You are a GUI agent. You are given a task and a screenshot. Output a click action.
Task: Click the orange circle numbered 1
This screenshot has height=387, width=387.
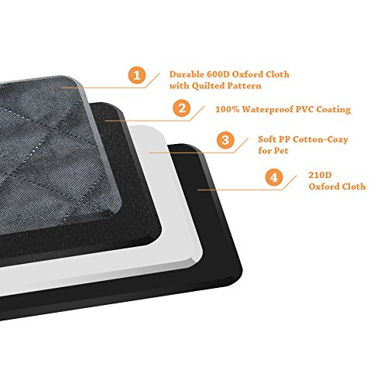pos(137,75)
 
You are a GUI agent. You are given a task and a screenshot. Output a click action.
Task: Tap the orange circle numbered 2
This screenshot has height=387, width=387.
pos(182,108)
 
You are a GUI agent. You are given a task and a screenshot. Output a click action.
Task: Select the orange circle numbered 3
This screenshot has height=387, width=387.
pos(225,140)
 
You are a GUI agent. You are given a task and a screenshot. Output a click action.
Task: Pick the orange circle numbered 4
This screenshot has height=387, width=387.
pos(274,177)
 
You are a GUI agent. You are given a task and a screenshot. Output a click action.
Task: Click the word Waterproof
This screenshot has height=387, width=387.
pos(268,110)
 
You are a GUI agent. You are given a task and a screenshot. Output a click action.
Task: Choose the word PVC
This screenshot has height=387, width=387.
pos(305,109)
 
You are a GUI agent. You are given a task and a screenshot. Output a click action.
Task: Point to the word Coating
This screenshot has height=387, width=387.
pos(334,110)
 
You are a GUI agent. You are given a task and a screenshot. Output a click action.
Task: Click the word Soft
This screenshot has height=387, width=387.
pos(267,139)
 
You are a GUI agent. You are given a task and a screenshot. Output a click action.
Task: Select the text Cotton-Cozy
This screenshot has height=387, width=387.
pos(320,139)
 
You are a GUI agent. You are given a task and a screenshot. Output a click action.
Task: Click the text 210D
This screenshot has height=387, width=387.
pos(320,175)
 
